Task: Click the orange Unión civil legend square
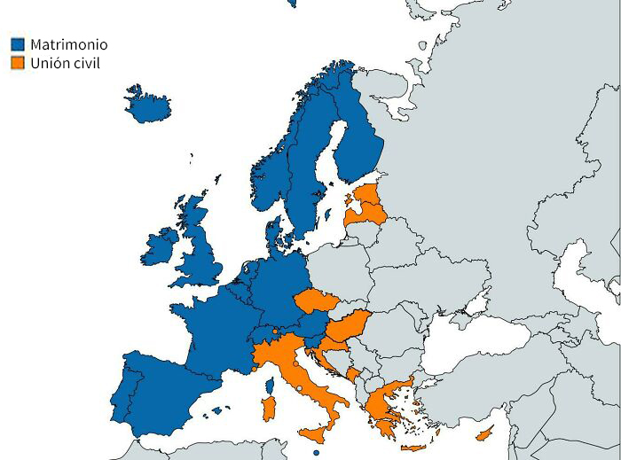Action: click(17, 63)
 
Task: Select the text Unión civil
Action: click(65, 63)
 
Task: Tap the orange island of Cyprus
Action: click(484, 433)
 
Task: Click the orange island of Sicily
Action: click(315, 435)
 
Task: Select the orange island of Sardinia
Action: click(269, 409)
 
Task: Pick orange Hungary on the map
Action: click(347, 327)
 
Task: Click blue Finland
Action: click(359, 133)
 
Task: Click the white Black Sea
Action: click(475, 341)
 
